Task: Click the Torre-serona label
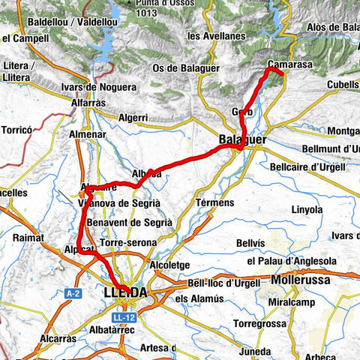click(x=128, y=243)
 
